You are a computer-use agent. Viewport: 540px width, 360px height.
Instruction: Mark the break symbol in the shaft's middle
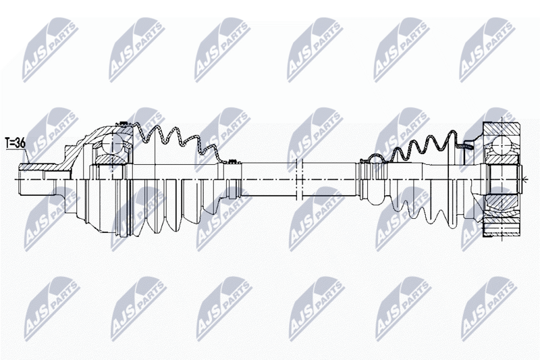[x=299, y=179]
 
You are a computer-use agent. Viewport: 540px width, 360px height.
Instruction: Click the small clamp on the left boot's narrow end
[x=233, y=161]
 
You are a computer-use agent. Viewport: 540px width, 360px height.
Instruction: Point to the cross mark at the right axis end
[x=525, y=179]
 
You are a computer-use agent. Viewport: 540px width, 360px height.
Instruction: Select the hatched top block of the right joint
[x=501, y=129]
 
